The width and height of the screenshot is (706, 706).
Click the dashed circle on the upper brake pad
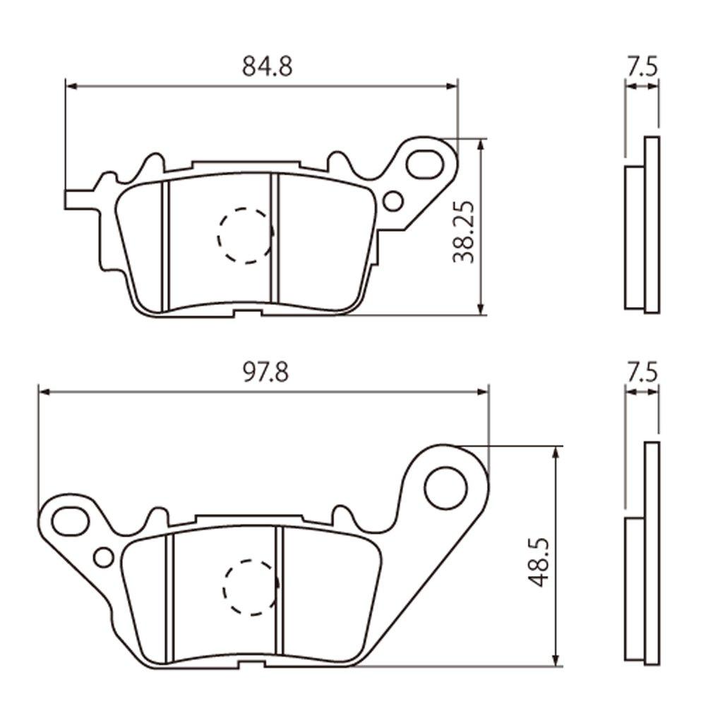[x=245, y=236]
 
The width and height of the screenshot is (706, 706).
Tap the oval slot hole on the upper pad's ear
[x=424, y=162]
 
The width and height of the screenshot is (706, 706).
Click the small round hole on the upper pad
[x=393, y=201]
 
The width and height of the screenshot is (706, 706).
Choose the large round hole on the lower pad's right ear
[x=446, y=486]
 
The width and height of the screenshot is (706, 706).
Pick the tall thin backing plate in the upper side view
[x=652, y=225]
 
